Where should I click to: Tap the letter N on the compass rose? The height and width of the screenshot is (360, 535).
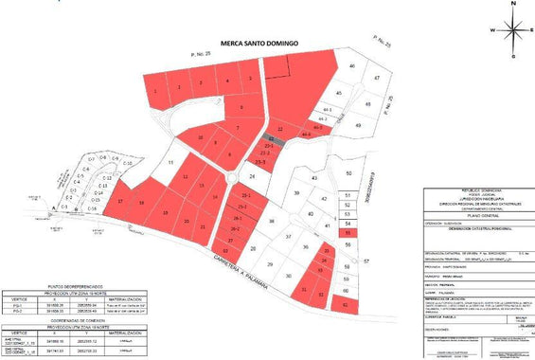tap(513, 5)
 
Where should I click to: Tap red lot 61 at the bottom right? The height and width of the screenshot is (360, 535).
tap(346, 306)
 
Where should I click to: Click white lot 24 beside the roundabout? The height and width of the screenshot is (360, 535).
tap(253, 177)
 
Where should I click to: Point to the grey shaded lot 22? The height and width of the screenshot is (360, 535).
tap(273, 139)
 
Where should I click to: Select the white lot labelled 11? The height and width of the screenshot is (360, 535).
tap(171, 164)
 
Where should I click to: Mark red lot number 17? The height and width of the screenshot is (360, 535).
tap(121, 202)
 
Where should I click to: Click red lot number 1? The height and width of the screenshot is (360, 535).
tap(154, 91)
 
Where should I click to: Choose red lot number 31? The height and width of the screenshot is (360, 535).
tap(303, 289)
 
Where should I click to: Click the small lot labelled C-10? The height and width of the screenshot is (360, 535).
tap(128, 163)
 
